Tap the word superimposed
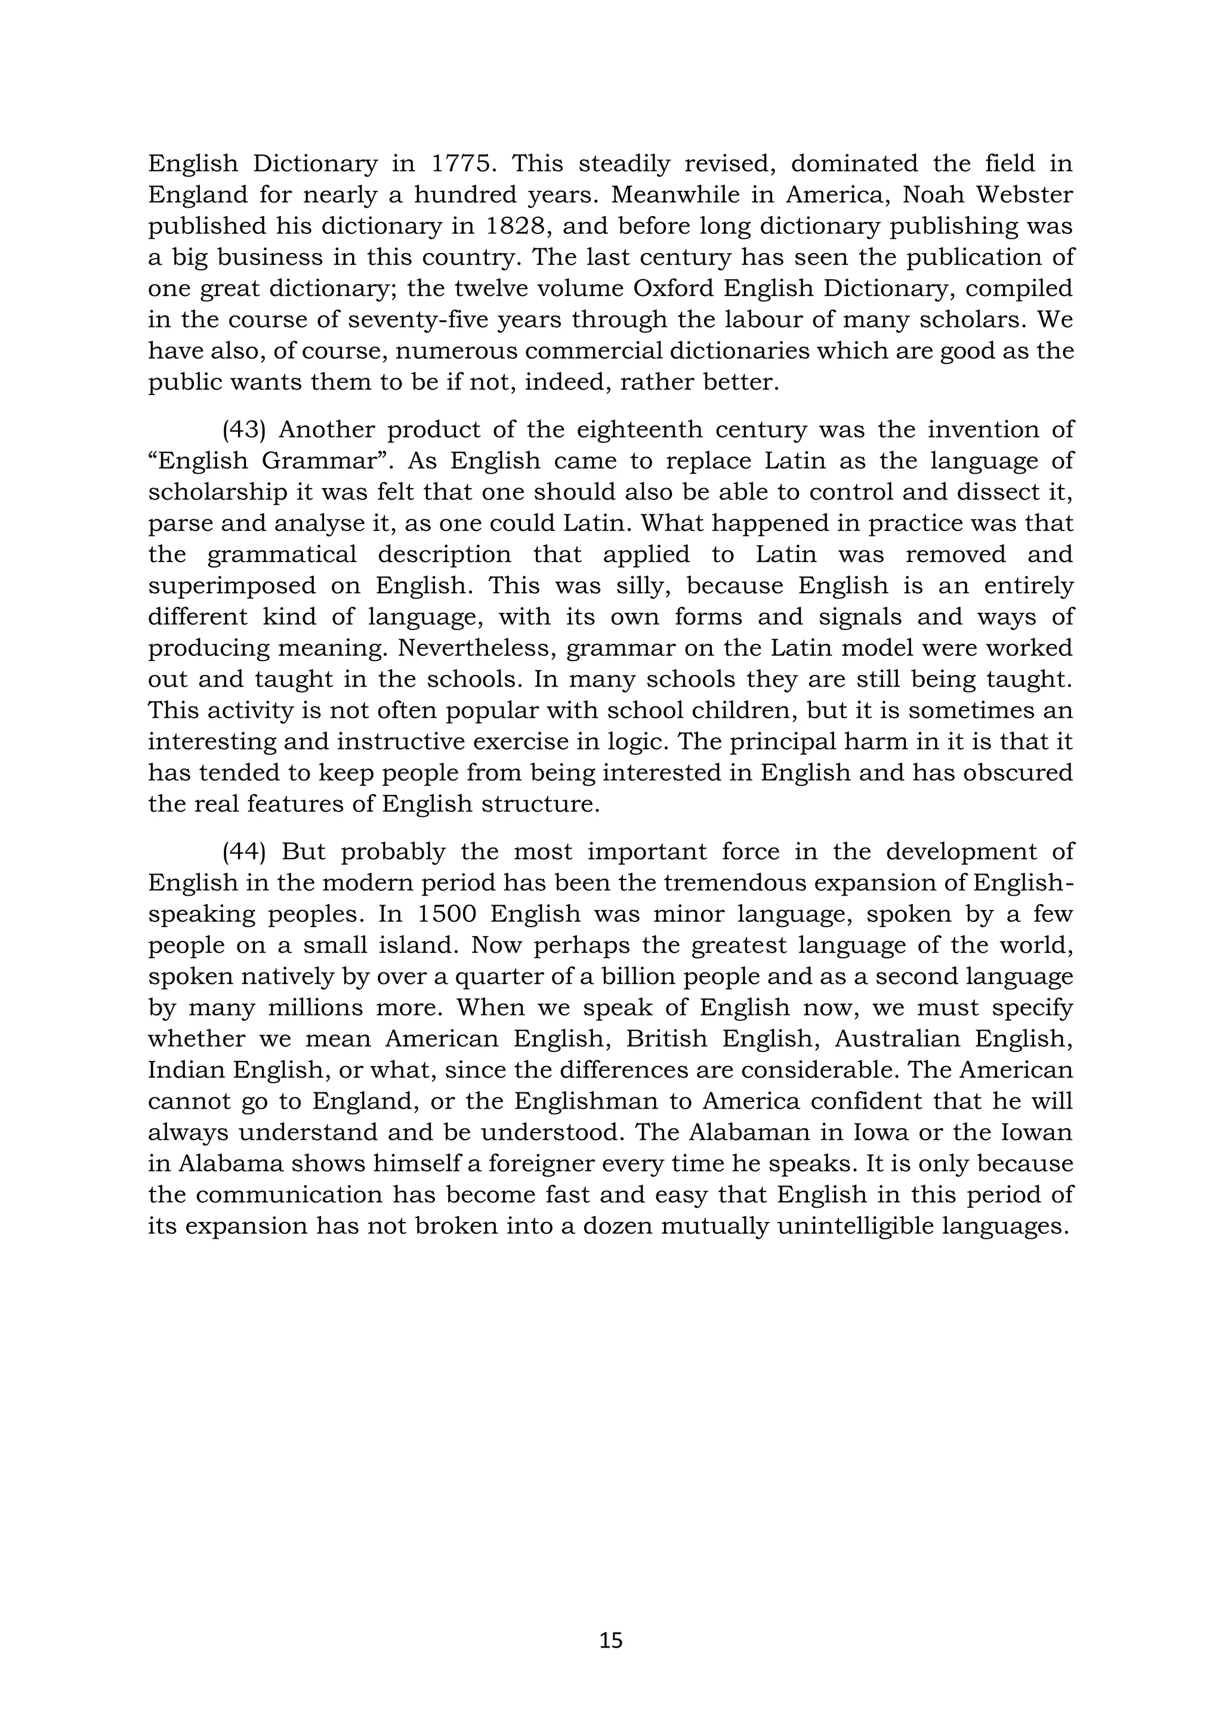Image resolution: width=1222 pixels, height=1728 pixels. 231,585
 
